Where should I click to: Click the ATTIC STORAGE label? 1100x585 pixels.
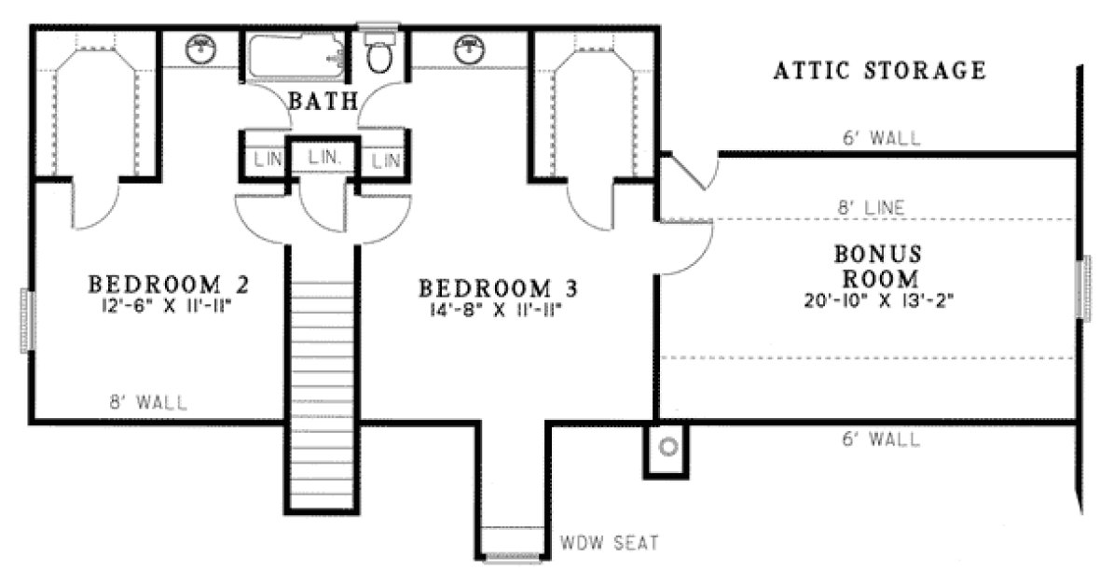(879, 70)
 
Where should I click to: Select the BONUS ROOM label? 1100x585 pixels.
(877, 265)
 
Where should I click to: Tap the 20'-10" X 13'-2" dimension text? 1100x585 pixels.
(877, 300)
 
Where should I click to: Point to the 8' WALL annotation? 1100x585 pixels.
(148, 403)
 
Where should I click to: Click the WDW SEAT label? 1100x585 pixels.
(598, 542)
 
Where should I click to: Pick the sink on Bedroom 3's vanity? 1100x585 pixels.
(471, 49)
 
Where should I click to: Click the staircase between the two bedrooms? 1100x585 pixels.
(321, 373)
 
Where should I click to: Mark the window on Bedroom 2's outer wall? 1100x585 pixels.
(28, 320)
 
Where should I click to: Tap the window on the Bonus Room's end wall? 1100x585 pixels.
(1085, 286)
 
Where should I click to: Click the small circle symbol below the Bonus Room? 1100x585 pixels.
(667, 447)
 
